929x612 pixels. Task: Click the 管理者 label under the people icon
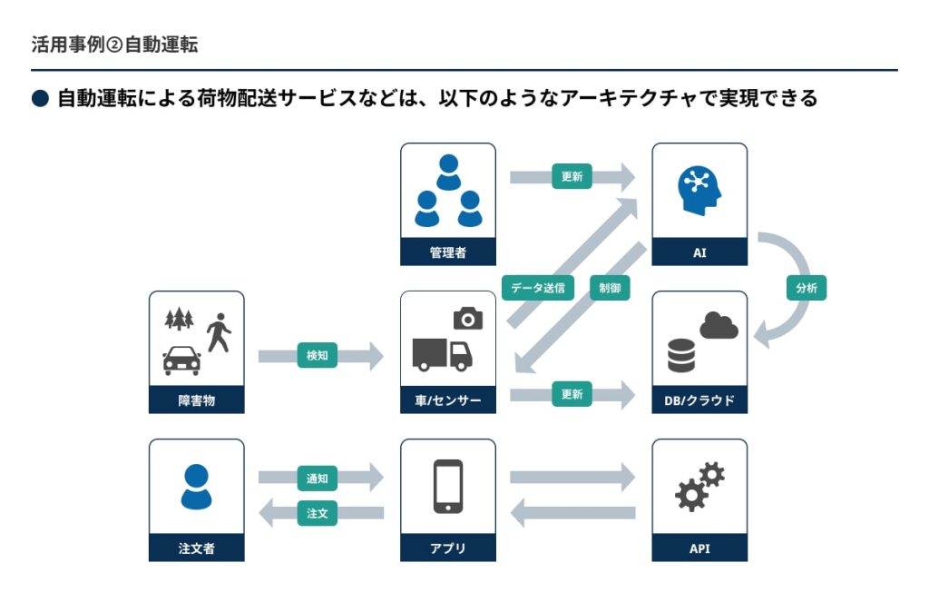(x=447, y=252)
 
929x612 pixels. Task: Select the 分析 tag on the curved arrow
(x=806, y=288)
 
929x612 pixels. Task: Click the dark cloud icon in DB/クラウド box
(x=719, y=325)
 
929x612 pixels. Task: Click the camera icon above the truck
(x=468, y=318)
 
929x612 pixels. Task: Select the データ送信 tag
(x=537, y=288)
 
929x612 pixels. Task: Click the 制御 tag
(x=609, y=288)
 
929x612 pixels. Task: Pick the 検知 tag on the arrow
(x=317, y=356)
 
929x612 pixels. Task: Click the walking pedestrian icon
(x=218, y=333)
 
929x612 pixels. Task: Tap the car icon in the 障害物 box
(x=181, y=360)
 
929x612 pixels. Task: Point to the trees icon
(x=180, y=319)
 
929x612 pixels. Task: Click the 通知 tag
(x=317, y=478)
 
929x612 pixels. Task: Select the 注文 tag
(x=317, y=513)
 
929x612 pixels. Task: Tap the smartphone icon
(x=448, y=487)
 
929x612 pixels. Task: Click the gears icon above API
(x=699, y=487)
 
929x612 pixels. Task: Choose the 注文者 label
(x=196, y=548)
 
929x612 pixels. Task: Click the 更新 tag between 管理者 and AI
(x=572, y=177)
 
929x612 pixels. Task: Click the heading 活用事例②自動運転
(x=114, y=44)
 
